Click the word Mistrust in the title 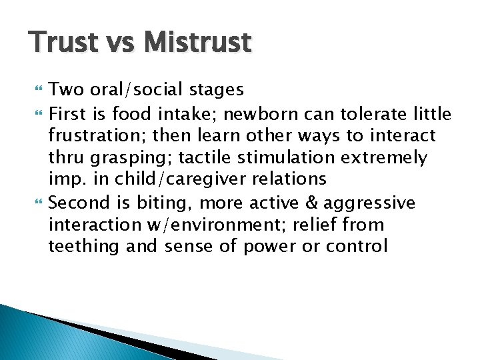tap(198, 43)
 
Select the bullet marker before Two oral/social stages tap(35, 89)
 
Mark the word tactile tap(201, 158)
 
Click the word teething tap(84, 247)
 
